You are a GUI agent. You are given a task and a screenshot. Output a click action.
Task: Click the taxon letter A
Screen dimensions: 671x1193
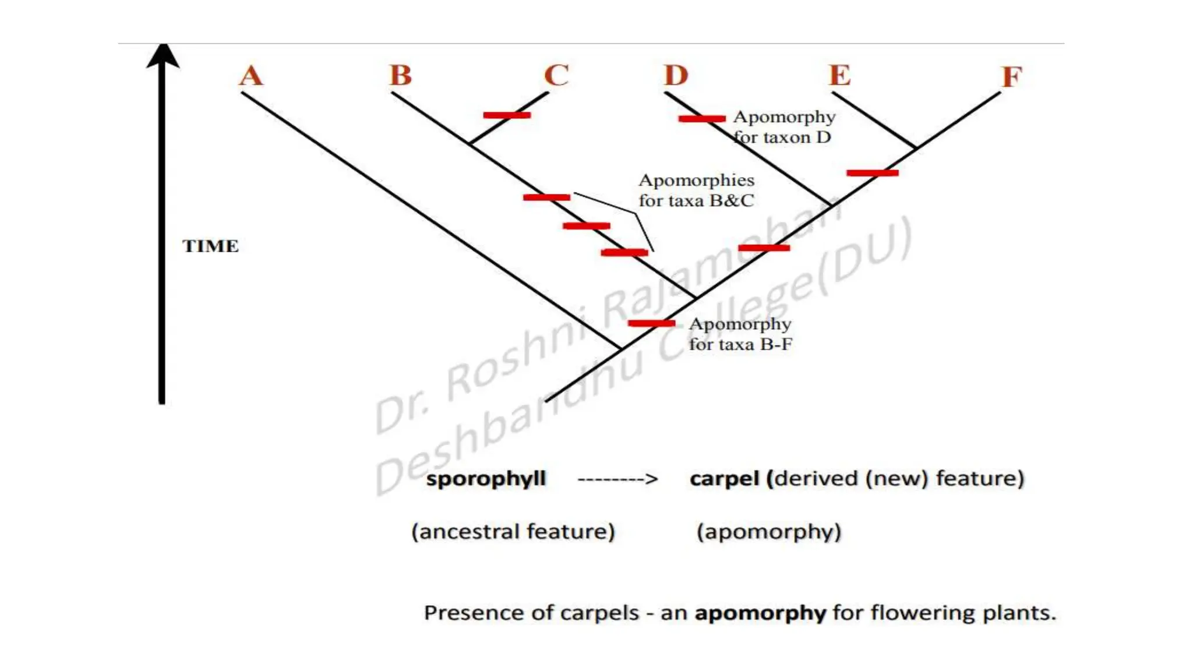[251, 76]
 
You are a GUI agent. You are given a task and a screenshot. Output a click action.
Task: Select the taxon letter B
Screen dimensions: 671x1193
[401, 75]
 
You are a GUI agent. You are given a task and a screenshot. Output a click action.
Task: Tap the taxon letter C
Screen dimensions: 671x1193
[556, 75]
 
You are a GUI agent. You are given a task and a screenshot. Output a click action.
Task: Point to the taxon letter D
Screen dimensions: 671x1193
[676, 75]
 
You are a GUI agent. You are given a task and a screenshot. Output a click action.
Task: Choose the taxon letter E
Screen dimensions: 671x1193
[840, 75]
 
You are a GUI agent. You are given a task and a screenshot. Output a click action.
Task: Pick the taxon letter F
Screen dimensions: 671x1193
[1012, 77]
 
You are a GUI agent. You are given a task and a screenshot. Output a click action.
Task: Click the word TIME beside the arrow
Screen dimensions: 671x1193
[210, 246]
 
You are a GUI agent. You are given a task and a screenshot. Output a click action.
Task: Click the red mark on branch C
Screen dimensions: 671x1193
[507, 115]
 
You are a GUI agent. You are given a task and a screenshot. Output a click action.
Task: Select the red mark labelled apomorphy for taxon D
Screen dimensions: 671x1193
[702, 119]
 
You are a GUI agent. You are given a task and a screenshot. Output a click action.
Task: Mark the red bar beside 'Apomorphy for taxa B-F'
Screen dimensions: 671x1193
[651, 323]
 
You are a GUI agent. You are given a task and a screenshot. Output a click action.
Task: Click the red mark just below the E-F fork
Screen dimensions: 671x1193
[872, 173]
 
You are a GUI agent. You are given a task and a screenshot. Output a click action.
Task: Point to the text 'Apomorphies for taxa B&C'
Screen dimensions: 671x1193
[696, 190]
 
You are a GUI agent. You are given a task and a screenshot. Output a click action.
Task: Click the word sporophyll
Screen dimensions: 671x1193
[486, 479]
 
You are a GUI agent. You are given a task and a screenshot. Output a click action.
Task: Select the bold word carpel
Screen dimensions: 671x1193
[725, 479]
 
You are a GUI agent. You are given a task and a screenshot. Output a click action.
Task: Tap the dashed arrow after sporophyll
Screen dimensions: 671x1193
[617, 479]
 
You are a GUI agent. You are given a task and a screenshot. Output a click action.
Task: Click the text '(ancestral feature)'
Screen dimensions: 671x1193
[513, 532]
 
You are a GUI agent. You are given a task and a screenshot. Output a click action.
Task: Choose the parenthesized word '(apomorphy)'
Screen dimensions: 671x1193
[769, 532]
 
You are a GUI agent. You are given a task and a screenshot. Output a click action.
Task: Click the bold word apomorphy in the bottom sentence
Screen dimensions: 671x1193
[760, 613]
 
